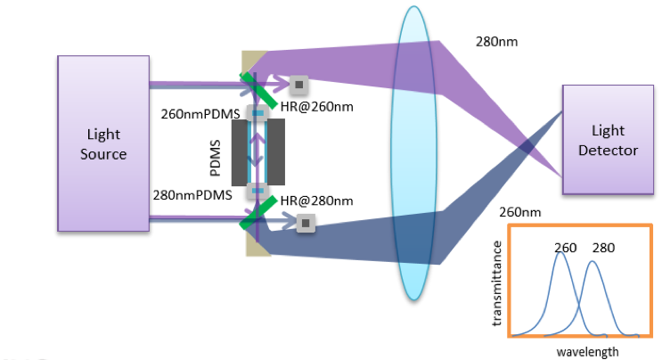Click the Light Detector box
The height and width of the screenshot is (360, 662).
point(608,139)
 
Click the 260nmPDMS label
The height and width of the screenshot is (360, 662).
point(201,113)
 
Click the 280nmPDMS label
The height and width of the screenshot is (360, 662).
point(201,193)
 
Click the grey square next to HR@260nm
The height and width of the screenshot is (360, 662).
point(299,85)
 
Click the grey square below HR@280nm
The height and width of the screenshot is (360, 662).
point(306,223)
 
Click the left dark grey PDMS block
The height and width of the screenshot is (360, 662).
point(240,153)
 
